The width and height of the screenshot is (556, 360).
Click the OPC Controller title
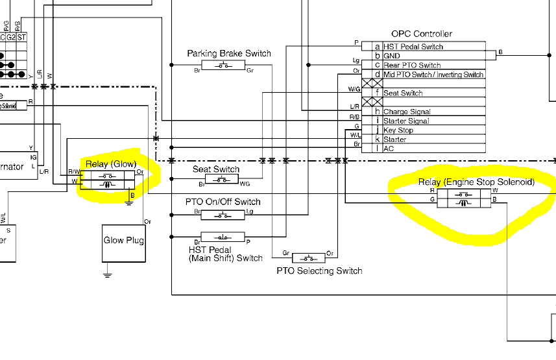(x=421, y=34)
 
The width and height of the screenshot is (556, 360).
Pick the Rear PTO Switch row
(x=411, y=65)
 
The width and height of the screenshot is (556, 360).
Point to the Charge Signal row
(x=407, y=112)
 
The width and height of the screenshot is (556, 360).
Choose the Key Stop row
(x=398, y=130)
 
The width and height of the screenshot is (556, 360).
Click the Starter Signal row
(x=405, y=121)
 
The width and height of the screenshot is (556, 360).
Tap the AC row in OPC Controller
(x=389, y=149)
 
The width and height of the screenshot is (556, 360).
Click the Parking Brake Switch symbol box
(x=223, y=65)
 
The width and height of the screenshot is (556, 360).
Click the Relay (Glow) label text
(x=111, y=163)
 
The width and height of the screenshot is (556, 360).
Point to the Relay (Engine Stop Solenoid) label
(x=476, y=182)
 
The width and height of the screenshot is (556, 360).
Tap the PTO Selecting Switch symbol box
(x=309, y=258)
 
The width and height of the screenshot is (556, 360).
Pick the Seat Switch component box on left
(x=222, y=180)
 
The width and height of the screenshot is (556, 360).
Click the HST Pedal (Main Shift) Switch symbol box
(x=222, y=237)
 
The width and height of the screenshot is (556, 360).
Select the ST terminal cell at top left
(x=22, y=37)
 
